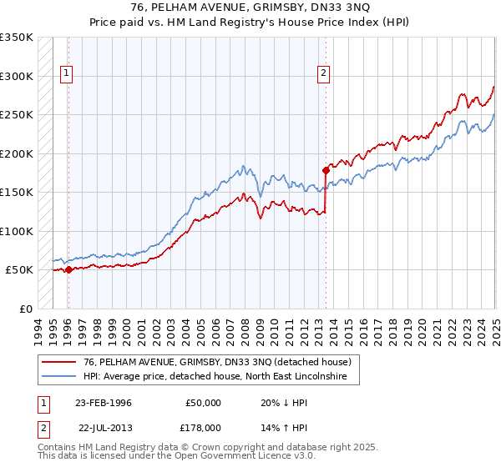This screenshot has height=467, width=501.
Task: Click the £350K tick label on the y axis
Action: click(17, 38)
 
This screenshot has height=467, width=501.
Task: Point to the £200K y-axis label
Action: click(17, 154)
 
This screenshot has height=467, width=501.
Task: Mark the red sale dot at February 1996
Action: click(68, 269)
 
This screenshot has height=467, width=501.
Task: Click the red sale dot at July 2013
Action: click(326, 170)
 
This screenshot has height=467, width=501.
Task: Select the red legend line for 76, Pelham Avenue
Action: click(59, 363)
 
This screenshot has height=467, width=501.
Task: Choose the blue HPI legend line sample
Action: click(59, 377)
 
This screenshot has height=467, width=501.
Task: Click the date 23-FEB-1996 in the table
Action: click(104, 402)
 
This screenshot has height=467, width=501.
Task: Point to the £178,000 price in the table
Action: click(204, 427)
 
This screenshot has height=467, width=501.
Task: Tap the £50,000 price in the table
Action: click(204, 402)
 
